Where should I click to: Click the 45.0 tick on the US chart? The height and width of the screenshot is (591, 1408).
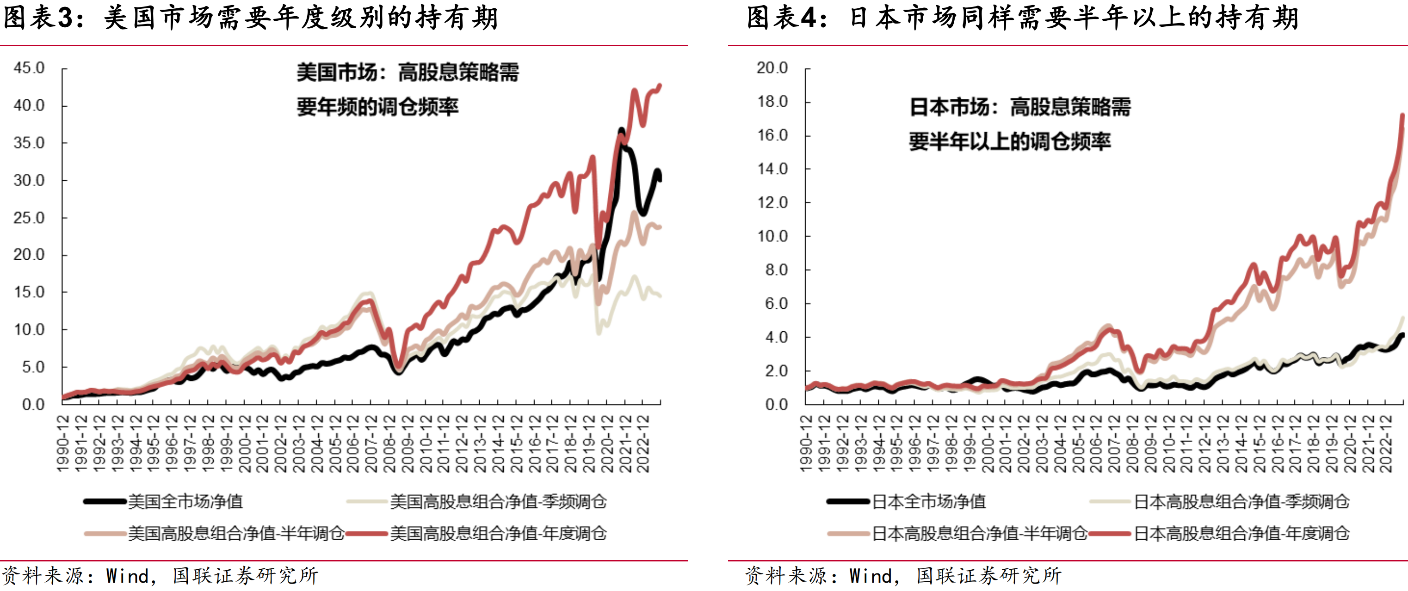[x=29, y=68]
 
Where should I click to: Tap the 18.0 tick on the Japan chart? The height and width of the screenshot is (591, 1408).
[x=772, y=102]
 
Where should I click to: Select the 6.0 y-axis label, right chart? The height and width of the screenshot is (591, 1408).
[x=776, y=304]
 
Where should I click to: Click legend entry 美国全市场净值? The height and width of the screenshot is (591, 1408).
[x=185, y=501]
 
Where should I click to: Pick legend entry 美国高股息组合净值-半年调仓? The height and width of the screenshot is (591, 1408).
[x=235, y=533]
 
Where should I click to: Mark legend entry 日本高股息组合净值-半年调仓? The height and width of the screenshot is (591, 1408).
[x=979, y=533]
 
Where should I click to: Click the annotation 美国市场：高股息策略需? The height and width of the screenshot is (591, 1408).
[x=407, y=73]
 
